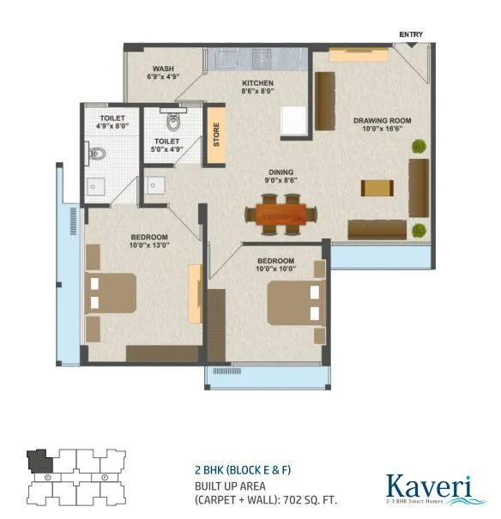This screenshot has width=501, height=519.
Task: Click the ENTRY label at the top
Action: coord(410,35)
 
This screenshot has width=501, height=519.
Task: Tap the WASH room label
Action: coord(165,68)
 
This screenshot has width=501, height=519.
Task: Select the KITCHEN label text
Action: coord(256,81)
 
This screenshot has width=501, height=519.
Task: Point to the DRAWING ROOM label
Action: coord(381,120)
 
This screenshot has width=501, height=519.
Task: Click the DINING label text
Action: coord(280,170)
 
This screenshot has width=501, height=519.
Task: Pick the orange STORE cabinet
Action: coord(216,136)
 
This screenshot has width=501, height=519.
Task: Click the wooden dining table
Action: coord(281,214)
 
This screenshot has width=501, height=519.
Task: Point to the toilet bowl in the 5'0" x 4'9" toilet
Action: coord(173,120)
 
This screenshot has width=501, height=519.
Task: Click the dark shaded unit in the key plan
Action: coord(39,462)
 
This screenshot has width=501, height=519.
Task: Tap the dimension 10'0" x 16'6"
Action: coord(382,130)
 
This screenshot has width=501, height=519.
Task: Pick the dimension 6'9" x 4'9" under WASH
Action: coord(165,77)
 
